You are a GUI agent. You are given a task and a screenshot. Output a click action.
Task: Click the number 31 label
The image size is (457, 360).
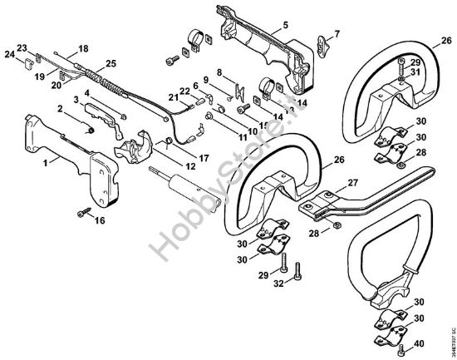coord(417,71)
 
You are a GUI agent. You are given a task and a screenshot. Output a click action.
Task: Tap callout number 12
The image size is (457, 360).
coord(190,165)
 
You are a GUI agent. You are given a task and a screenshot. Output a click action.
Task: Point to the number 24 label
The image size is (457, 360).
coord(9,55)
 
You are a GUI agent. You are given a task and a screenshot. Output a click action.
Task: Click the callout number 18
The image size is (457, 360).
coord(82,49)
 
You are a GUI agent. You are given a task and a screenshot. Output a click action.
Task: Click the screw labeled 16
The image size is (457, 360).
coord(84,213)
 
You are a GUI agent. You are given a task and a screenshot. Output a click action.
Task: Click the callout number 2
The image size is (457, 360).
coord(61,108)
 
